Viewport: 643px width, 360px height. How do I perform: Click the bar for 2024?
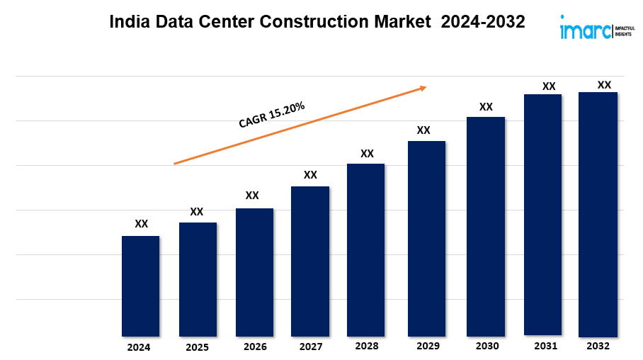tap(140, 286)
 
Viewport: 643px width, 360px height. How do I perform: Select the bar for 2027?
tap(310, 261)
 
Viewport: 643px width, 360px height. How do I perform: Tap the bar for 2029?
tap(426, 238)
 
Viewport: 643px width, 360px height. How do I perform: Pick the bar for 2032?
tap(598, 214)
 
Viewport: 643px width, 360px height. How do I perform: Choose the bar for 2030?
tap(486, 226)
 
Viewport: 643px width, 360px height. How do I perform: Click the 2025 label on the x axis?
tap(197, 348)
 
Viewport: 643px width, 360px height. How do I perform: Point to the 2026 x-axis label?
tap(255, 347)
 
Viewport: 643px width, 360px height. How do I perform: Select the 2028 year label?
tap(367, 347)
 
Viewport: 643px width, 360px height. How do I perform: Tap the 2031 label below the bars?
tap(545, 346)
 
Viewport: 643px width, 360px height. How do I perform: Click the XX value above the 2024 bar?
tap(142, 224)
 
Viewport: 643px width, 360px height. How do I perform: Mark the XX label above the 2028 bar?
tap(367, 154)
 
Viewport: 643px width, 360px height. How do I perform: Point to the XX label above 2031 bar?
tap(549, 86)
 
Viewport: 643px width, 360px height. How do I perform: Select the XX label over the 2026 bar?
tap(252, 196)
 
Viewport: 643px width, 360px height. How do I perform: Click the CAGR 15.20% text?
tap(272, 115)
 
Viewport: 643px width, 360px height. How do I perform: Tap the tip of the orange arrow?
tap(426, 87)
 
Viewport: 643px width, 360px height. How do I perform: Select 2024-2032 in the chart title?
tap(482, 23)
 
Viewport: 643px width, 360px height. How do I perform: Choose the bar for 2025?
tap(198, 279)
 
